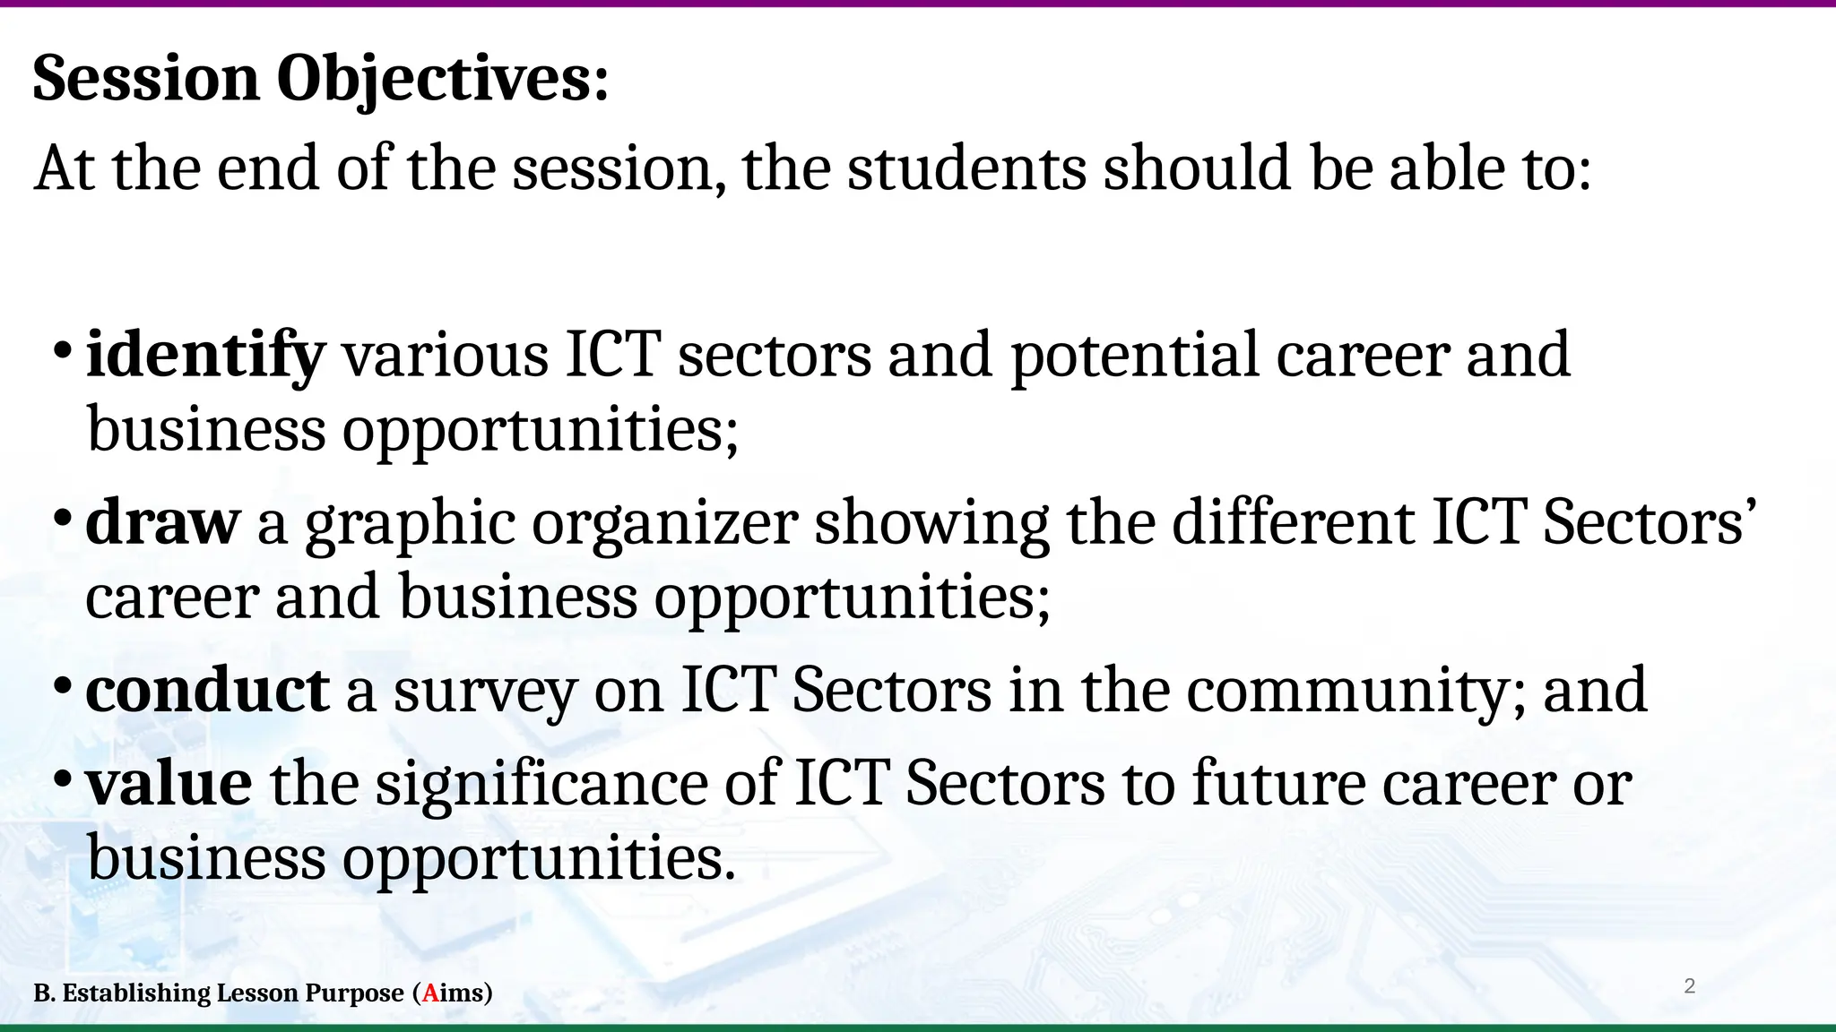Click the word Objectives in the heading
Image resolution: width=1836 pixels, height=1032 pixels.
pyautogui.click(x=443, y=79)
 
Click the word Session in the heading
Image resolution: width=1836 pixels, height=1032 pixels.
pyautogui.click(x=146, y=79)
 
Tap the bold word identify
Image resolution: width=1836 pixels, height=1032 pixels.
pyautogui.click(x=204, y=356)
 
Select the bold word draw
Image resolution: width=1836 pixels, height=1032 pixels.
pyautogui.click(x=162, y=522)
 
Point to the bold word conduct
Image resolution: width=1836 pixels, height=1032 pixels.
pyautogui.click(x=207, y=691)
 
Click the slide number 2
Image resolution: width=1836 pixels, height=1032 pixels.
pyautogui.click(x=1690, y=986)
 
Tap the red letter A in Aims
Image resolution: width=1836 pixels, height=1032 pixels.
pyautogui.click(x=431, y=993)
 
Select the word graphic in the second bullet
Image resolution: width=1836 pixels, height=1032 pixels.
pyautogui.click(x=411, y=524)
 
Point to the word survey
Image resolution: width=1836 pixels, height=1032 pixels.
pyautogui.click(x=484, y=692)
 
